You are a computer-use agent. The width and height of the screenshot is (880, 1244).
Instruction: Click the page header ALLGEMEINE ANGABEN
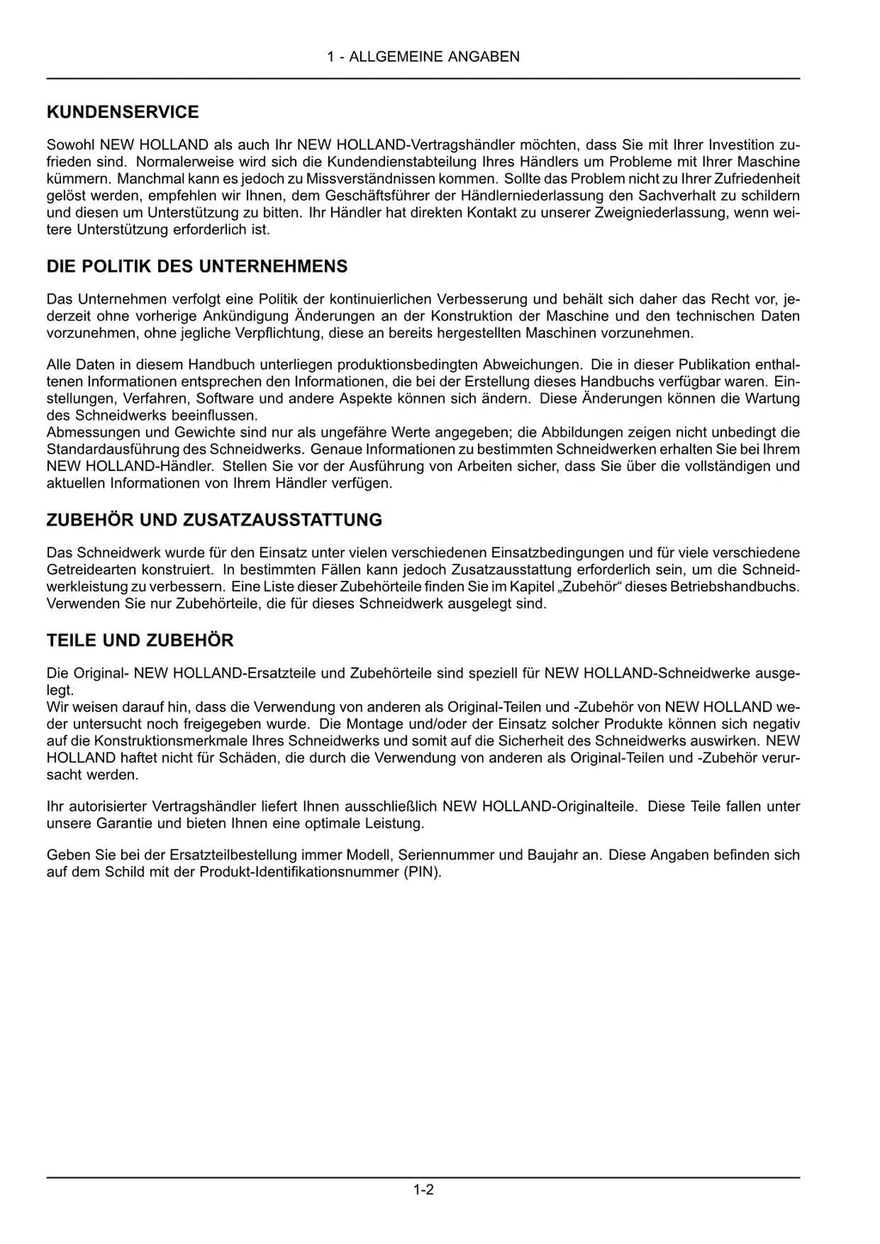[x=423, y=57]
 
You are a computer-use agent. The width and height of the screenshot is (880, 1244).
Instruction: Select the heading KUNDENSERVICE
[x=122, y=112]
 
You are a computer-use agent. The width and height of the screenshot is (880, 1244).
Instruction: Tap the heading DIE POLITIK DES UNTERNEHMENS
[x=197, y=267]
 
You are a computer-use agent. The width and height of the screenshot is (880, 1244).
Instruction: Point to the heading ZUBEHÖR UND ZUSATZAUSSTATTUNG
[x=214, y=520]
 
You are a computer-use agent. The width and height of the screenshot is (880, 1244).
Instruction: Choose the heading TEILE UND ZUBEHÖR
[x=139, y=640]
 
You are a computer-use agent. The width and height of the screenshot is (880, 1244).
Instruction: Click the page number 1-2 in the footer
[x=423, y=1190]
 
